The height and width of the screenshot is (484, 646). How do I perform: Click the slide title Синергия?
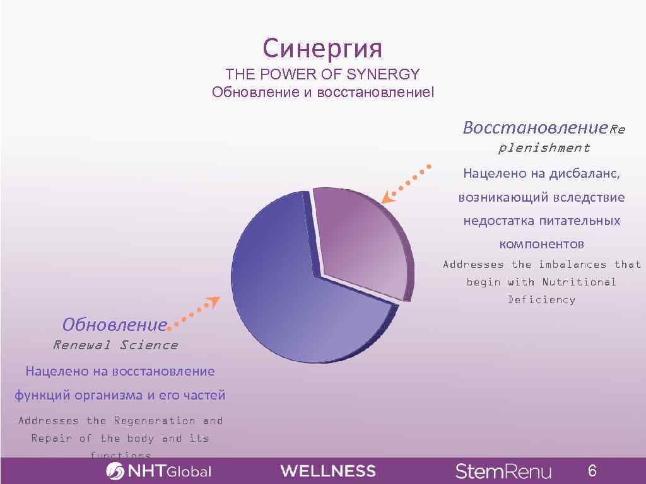point(322,48)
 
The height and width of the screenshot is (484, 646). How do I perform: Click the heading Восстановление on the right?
point(535,128)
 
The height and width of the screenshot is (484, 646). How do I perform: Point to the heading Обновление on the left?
point(114,325)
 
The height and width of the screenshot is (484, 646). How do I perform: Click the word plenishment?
point(544,148)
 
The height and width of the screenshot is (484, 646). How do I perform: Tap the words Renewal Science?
point(115,345)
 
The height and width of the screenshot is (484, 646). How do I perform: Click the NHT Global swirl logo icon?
point(115,471)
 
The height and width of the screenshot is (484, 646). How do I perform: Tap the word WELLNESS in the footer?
point(328,471)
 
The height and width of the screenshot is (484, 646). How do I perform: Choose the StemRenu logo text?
point(503,471)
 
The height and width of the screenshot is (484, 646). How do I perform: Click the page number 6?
point(592,471)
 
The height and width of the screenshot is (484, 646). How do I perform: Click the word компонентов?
point(541,244)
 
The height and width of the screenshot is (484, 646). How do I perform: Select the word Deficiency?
point(541,300)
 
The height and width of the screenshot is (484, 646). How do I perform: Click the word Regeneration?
point(155,420)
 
